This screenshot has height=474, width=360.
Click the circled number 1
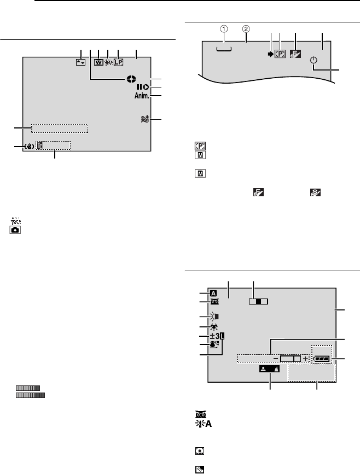(224, 29)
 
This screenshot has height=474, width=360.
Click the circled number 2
(246, 29)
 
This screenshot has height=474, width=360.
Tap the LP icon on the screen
(118, 62)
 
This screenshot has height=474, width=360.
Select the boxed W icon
(98, 62)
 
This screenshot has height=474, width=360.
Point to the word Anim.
(142, 96)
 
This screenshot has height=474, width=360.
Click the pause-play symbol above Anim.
(142, 87)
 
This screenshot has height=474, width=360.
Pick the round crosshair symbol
(131, 79)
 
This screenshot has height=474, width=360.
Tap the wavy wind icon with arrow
(145, 119)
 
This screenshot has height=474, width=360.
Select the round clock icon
(313, 61)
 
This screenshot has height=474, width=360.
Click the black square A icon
(213, 293)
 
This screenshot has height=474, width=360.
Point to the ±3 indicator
(215, 336)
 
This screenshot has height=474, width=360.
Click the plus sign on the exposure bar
(305, 359)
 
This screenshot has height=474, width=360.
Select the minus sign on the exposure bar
(276, 359)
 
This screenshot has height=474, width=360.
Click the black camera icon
(15, 230)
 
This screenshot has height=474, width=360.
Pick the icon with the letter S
(315, 192)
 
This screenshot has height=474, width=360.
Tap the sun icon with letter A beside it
(202, 424)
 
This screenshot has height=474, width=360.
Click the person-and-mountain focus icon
(270, 369)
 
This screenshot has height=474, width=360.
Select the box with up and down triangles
(81, 62)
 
